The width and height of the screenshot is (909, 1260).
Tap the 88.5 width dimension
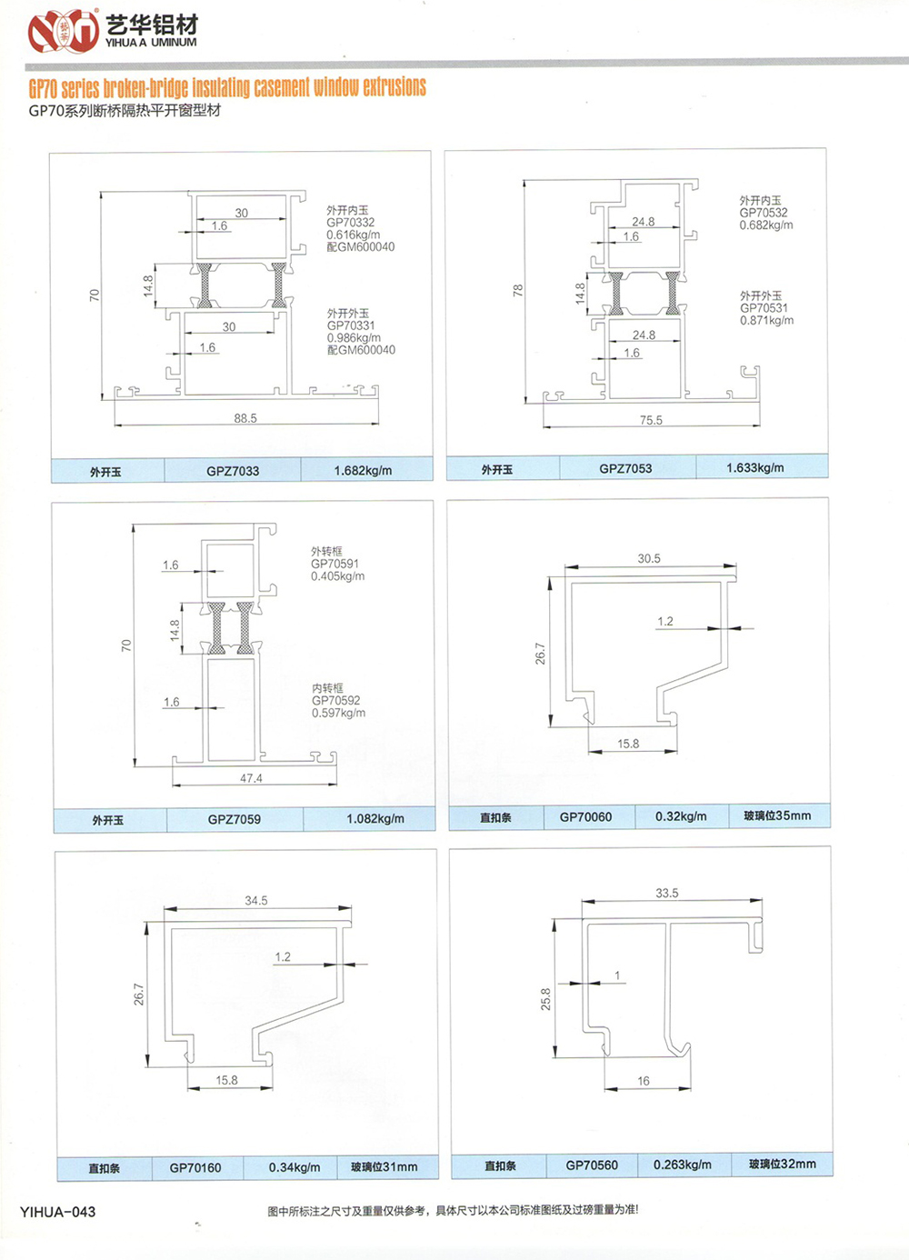point(245,418)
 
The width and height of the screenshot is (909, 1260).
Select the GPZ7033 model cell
point(233,471)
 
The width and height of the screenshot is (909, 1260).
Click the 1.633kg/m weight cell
point(754,467)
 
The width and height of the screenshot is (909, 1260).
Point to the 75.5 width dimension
point(651,420)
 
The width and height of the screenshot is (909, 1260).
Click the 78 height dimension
point(517,290)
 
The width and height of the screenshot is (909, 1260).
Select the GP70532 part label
point(764,213)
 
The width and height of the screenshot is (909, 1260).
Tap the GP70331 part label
point(351,325)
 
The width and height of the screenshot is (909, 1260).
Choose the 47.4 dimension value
point(251,778)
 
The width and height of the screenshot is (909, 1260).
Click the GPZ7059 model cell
point(235,819)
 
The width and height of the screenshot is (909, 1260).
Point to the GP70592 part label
point(336,700)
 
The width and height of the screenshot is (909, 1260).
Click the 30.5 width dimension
point(648,558)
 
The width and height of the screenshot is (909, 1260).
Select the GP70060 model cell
point(585,816)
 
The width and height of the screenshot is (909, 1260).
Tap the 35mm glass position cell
point(778,815)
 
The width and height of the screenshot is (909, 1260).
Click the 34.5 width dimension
point(256,901)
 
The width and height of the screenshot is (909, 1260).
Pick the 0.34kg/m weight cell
point(295,1167)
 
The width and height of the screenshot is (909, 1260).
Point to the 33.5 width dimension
point(667,893)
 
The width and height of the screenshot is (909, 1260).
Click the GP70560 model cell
point(592,1165)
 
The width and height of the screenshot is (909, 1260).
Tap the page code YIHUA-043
point(57,1212)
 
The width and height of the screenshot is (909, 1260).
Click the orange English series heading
point(227,87)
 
